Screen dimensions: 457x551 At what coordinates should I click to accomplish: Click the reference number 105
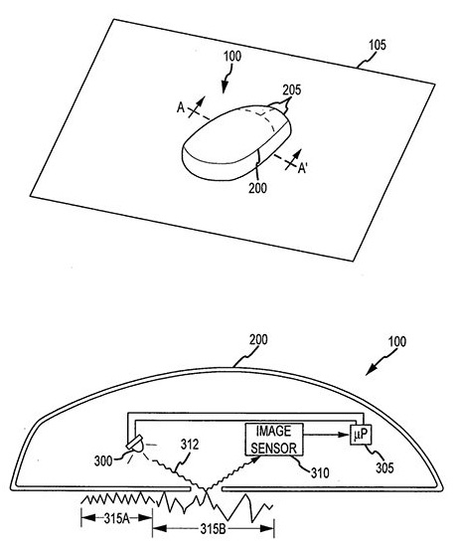pyautogui.click(x=377, y=46)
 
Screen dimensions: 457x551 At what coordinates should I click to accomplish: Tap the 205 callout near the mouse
pyautogui.click(x=292, y=91)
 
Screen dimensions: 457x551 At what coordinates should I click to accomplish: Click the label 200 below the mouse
pyautogui.click(x=257, y=188)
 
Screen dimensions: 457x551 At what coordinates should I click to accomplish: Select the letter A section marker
pyautogui.click(x=181, y=107)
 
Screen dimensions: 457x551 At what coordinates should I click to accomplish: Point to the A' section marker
pyautogui.click(x=303, y=169)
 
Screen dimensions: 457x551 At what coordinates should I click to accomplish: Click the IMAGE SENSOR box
pyautogui.click(x=274, y=440)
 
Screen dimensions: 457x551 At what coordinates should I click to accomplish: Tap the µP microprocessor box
pyautogui.click(x=361, y=435)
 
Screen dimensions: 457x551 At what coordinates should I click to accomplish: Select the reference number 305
pyautogui.click(x=384, y=467)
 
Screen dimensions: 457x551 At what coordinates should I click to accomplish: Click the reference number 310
pyautogui.click(x=320, y=472)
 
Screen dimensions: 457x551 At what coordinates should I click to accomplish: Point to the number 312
pyautogui.click(x=190, y=445)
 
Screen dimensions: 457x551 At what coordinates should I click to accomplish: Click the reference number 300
pyautogui.click(x=103, y=460)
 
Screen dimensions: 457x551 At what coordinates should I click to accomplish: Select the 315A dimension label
pyautogui.click(x=117, y=518)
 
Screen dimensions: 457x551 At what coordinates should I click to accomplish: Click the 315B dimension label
pyautogui.click(x=213, y=529)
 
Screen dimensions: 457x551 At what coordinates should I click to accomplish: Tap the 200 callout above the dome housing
pyautogui.click(x=258, y=340)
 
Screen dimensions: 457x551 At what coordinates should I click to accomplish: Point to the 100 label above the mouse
pyautogui.click(x=232, y=57)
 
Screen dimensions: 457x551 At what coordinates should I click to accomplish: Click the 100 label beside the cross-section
pyautogui.click(x=397, y=341)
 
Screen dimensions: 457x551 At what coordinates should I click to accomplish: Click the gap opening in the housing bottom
pyautogui.click(x=206, y=488)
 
